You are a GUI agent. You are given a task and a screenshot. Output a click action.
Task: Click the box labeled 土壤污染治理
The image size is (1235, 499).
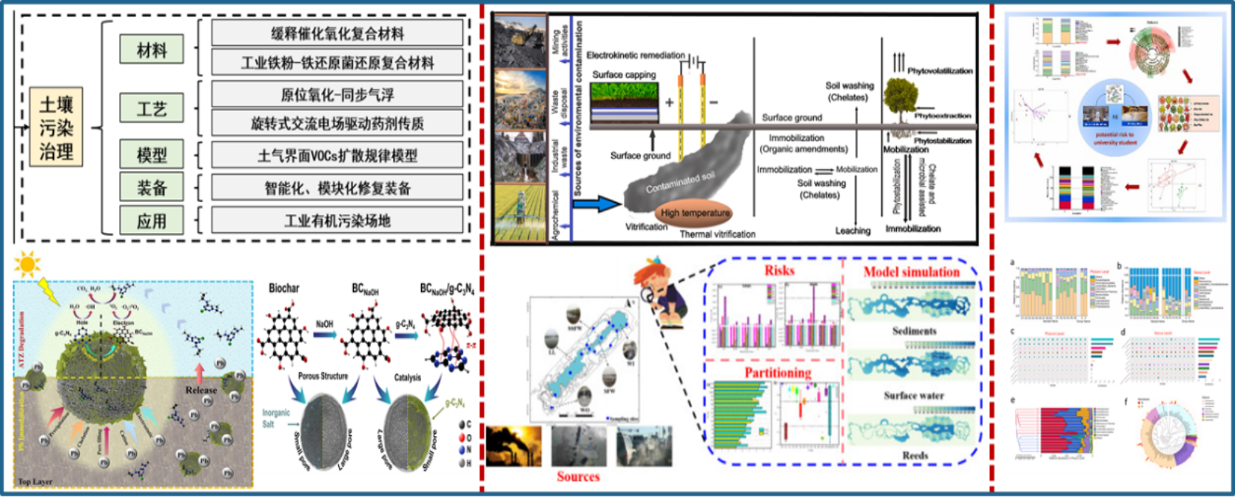click(56, 128)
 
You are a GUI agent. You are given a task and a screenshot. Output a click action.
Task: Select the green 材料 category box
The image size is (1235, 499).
click(152, 50)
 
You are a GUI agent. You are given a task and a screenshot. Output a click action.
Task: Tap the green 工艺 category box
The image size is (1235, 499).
click(152, 109)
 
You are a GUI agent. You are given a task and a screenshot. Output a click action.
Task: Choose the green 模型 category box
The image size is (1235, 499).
click(152, 155)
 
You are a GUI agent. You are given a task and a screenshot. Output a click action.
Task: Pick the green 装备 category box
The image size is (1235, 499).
click(152, 188)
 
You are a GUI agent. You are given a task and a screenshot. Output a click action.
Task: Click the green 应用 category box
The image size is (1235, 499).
click(152, 221)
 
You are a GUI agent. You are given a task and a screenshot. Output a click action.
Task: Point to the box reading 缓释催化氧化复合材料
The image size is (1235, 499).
click(337, 33)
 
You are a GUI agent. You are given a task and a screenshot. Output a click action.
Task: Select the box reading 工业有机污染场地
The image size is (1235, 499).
click(337, 221)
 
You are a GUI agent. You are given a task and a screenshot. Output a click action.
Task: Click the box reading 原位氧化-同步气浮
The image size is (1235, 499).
click(337, 94)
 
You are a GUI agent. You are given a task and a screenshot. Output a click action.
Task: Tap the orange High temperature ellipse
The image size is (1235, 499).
click(695, 213)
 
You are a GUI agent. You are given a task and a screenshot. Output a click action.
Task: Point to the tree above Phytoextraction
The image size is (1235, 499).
click(900, 97)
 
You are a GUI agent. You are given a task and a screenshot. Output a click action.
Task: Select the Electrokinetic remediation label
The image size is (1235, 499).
click(636, 55)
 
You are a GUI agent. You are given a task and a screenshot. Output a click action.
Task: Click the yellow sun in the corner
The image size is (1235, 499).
click(28, 264)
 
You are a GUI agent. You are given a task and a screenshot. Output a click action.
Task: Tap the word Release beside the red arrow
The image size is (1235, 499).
click(201, 389)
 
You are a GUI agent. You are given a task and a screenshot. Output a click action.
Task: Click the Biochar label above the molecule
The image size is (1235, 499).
click(284, 288)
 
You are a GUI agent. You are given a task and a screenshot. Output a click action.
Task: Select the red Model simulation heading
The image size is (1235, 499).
click(911, 272)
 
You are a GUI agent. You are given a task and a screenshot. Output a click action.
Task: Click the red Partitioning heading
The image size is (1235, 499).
click(778, 372)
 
